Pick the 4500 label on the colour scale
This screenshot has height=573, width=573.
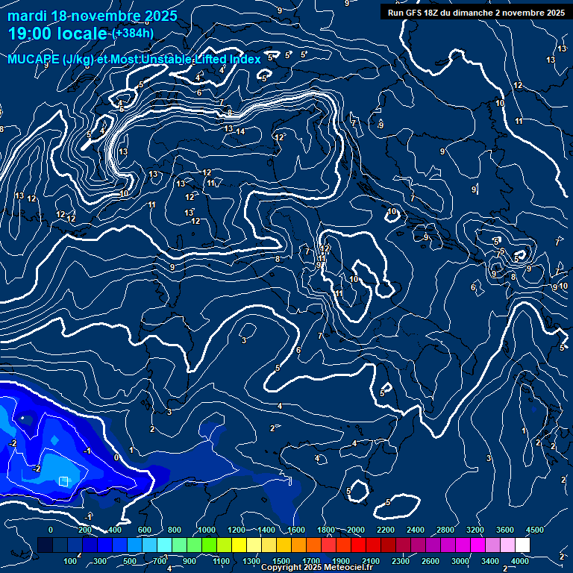click(534, 529)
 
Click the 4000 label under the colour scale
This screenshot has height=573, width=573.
click(520, 560)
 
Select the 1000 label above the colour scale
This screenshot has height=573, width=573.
click(207, 529)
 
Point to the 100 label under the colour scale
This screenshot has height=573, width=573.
click(71, 560)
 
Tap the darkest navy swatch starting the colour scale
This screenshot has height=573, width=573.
click(45, 545)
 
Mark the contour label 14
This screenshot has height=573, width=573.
click(240, 131)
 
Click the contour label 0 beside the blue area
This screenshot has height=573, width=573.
click(116, 457)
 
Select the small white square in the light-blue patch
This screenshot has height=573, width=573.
click(63, 480)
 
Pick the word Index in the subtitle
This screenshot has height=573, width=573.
click(244, 59)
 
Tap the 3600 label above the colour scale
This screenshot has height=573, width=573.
click(505, 529)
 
